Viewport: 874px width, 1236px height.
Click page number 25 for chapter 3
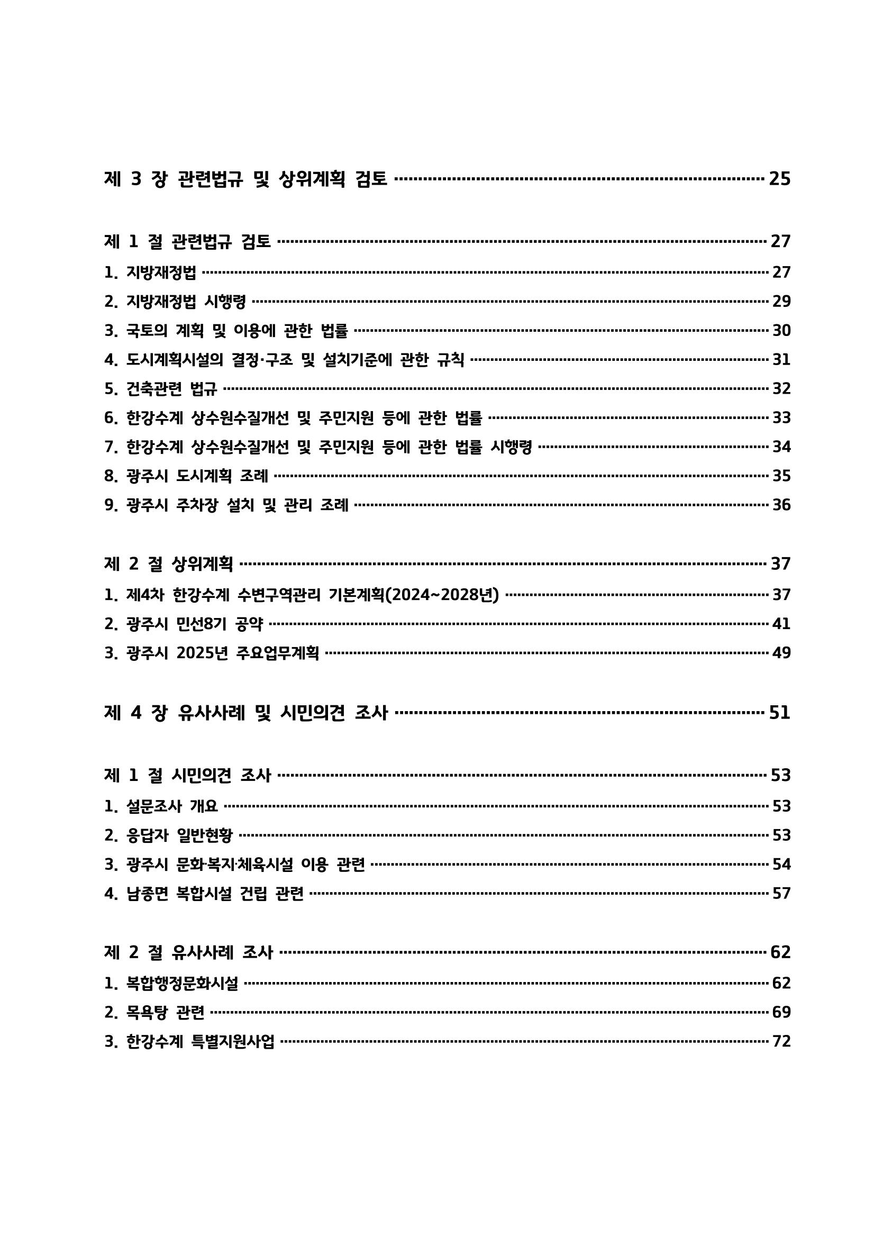point(779,179)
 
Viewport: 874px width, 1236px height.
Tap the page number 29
point(781,302)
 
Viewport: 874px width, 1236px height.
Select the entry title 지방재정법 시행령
point(186,302)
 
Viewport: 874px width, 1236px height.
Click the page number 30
point(781,331)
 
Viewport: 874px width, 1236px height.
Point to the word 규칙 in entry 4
point(450,360)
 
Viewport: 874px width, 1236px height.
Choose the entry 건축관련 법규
point(171,389)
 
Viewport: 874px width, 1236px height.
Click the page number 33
point(781,418)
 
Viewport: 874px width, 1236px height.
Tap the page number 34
point(781,447)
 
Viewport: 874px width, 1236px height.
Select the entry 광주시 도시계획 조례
point(196,476)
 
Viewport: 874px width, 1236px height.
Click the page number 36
point(781,505)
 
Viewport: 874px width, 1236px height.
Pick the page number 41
point(781,624)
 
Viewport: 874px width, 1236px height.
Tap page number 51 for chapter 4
point(779,713)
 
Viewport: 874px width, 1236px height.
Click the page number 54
point(781,865)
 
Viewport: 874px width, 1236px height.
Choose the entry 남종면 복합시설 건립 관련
point(215,894)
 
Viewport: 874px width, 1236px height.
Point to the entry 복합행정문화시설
point(182,984)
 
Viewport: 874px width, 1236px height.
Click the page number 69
point(781,1013)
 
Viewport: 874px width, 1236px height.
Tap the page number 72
point(781,1042)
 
